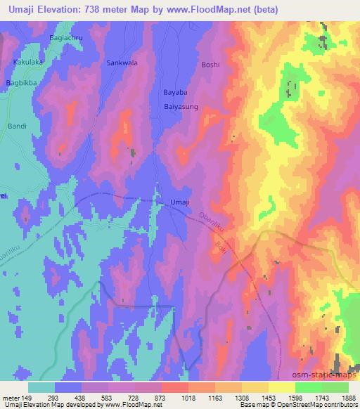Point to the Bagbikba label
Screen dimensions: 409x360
pyautogui.click(x=22, y=83)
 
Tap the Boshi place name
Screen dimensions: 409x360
pyautogui.click(x=210, y=65)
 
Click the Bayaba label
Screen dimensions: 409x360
pyautogui.click(x=175, y=93)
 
